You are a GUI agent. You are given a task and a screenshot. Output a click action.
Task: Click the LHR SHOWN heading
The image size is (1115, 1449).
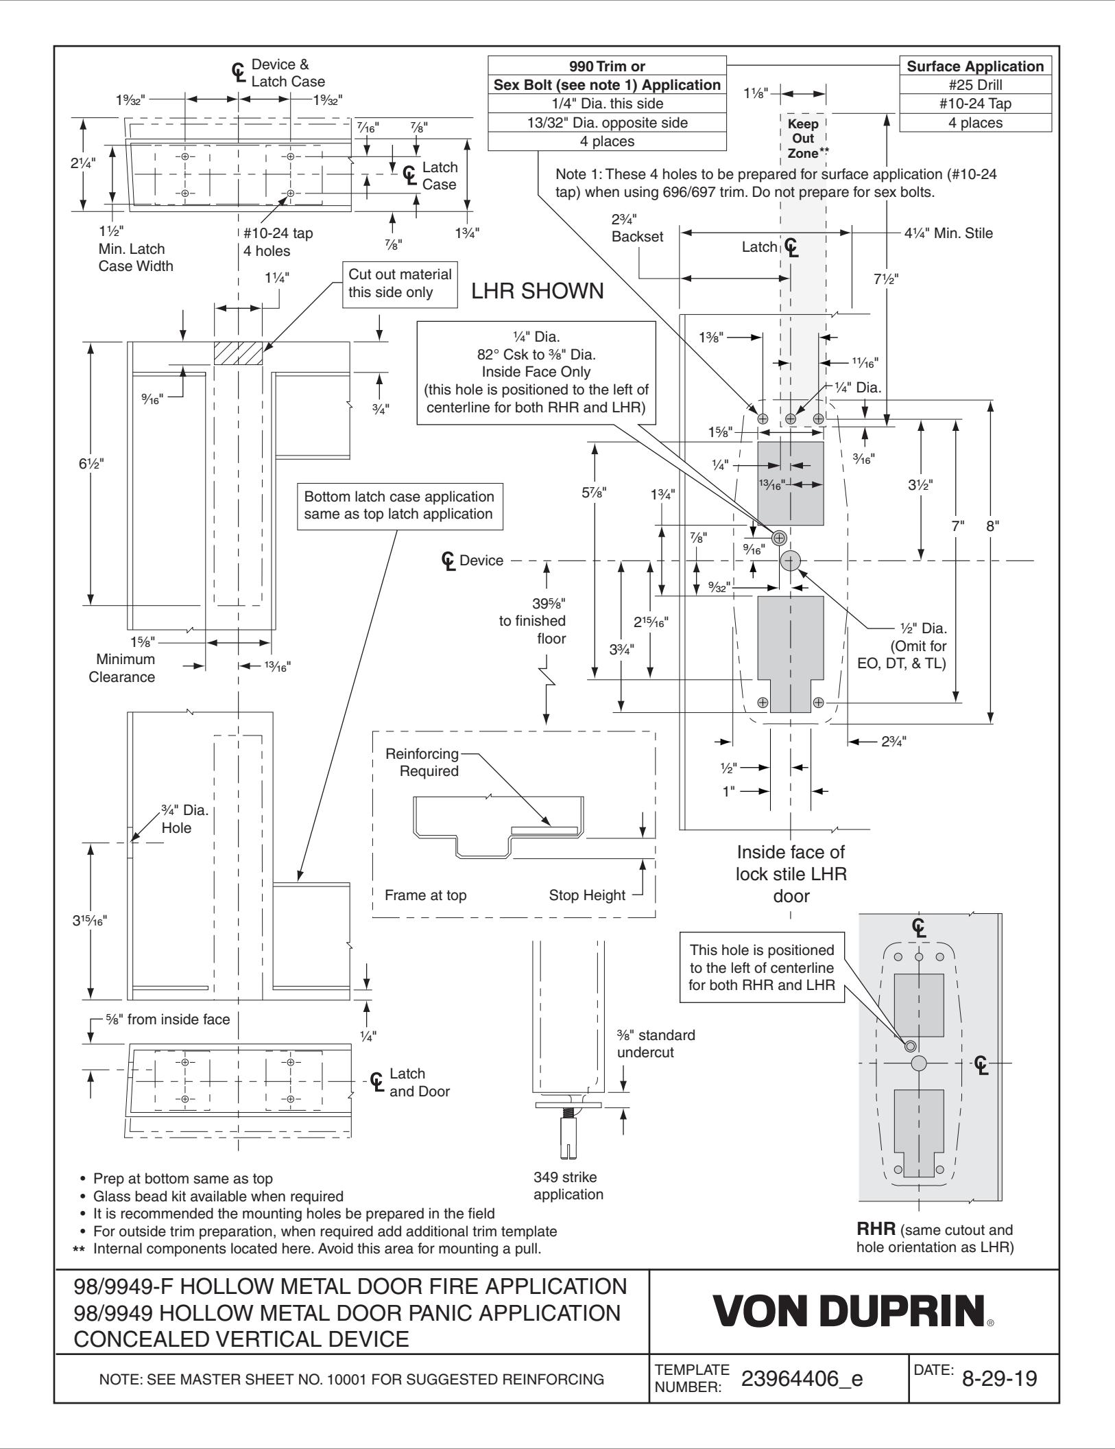[538, 291]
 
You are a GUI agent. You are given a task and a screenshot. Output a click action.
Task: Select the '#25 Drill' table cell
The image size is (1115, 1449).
[975, 86]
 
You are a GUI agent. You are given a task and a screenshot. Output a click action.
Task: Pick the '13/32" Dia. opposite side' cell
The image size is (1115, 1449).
[606, 123]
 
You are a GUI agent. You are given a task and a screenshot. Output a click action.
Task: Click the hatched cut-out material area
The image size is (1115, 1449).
[238, 353]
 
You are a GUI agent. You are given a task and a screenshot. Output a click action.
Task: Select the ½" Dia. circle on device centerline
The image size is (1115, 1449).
[790, 561]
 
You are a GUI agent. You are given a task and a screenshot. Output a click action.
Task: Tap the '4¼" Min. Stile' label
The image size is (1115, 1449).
[948, 233]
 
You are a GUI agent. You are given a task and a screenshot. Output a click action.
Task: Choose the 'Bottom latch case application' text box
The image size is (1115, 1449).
[399, 505]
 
